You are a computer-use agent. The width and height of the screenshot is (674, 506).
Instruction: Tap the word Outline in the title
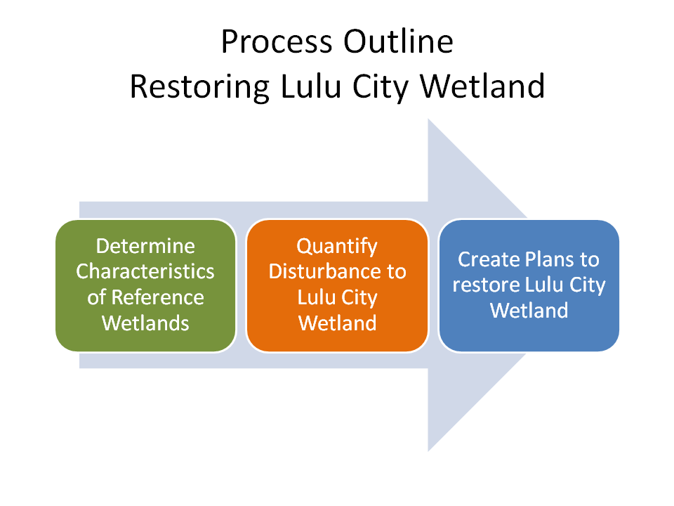tap(398, 42)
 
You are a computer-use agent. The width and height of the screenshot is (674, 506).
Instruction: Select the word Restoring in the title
tap(200, 86)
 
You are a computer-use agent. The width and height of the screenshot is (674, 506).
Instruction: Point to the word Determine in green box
tap(145, 246)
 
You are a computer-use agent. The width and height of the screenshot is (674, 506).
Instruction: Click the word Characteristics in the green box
tap(145, 271)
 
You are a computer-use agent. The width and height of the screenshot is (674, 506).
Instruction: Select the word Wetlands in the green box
tap(145, 323)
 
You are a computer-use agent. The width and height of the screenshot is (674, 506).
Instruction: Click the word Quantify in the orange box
tap(337, 246)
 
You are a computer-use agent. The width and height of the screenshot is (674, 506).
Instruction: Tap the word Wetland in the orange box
tap(337, 323)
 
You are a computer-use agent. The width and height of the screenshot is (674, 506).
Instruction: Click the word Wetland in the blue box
tap(529, 310)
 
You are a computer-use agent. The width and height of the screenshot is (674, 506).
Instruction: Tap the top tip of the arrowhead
tap(429, 120)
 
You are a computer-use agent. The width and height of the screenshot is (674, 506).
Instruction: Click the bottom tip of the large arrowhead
tap(429, 450)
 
